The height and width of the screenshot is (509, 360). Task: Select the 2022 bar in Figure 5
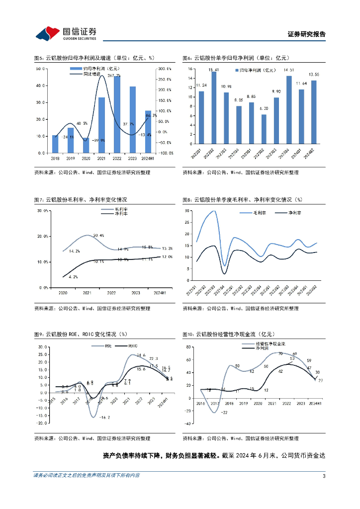pyautogui.click(x=116, y=114)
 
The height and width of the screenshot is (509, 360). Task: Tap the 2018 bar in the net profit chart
pyautogui.click(x=55, y=144)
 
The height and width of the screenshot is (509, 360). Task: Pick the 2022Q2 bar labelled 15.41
pyautogui.click(x=214, y=112)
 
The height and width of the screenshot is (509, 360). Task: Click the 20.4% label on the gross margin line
pyautogui.click(x=98, y=235)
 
